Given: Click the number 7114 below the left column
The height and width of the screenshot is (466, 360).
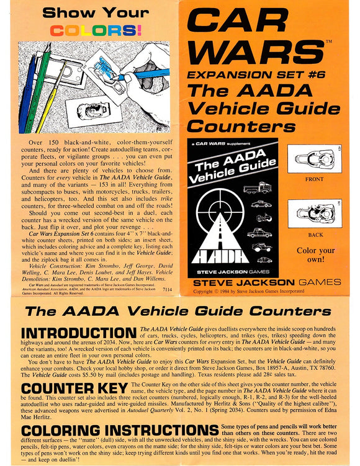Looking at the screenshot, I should pos(167,289).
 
